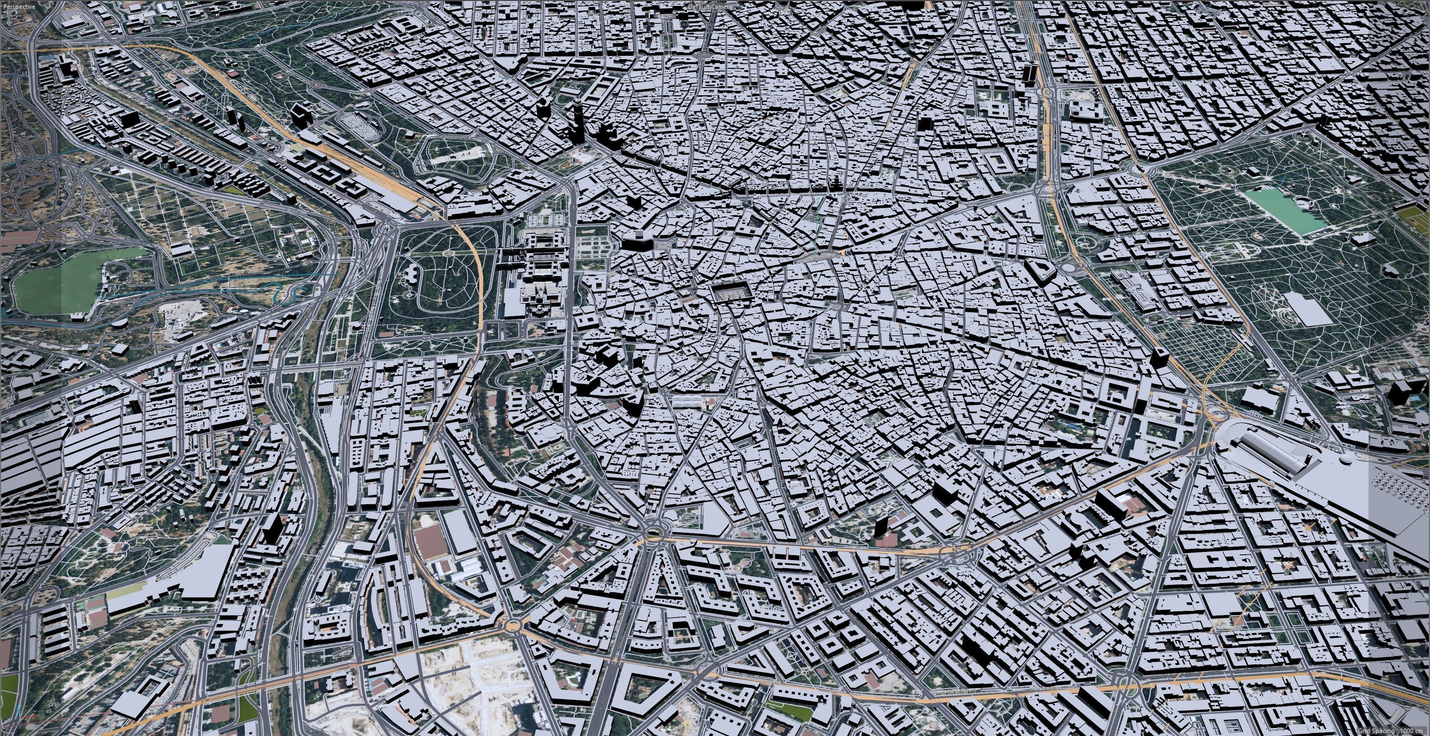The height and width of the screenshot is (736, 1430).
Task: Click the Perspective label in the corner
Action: (x=18, y=7)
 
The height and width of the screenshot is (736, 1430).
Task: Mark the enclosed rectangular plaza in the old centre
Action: (x=732, y=292)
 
